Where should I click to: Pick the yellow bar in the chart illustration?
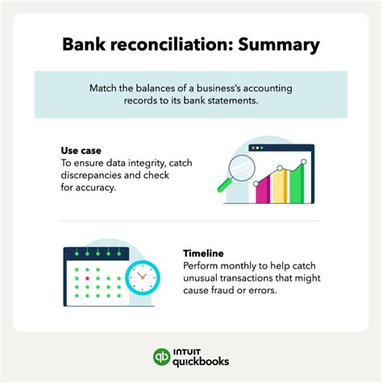point(280,185)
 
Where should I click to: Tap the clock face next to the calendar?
point(143,276)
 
